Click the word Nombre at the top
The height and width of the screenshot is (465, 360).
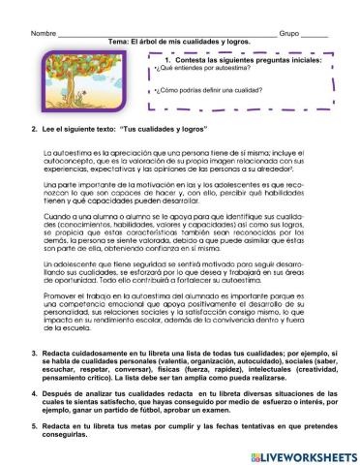(44, 33)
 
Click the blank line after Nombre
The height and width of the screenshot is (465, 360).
(165, 35)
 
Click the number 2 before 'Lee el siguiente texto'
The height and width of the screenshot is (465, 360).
(34, 129)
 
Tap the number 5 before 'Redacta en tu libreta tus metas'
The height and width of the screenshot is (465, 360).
(34, 424)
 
